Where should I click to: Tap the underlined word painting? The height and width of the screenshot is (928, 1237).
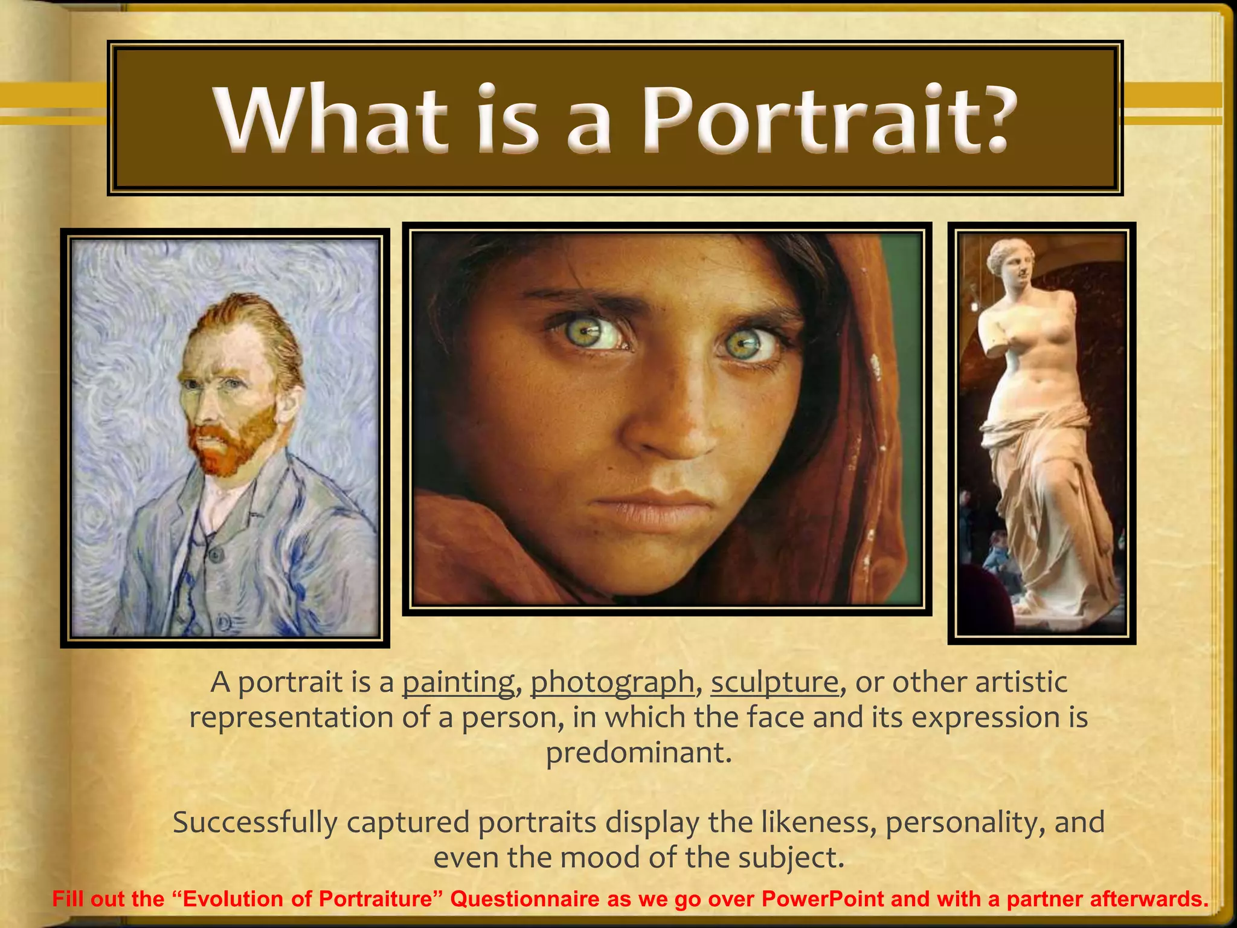(458, 683)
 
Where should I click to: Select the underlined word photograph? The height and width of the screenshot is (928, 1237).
(612, 683)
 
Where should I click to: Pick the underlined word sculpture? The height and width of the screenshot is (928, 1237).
(774, 683)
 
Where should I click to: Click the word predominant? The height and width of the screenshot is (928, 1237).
(638, 753)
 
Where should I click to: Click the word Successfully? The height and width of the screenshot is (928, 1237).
(255, 823)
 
